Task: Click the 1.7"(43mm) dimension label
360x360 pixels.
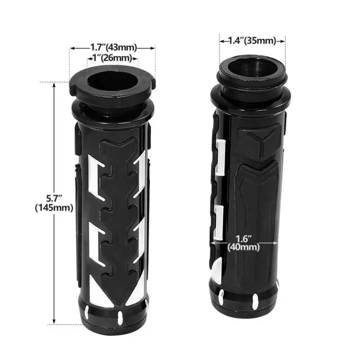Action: [x=113, y=48]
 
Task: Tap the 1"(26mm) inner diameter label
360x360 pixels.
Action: [x=112, y=58]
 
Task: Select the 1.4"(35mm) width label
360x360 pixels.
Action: [x=252, y=41]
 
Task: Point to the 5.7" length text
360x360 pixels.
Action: [x=54, y=198]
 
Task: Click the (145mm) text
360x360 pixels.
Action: [x=54, y=208]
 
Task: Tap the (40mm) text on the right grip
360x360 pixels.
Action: [x=243, y=247]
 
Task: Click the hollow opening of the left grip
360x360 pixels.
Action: [x=113, y=81]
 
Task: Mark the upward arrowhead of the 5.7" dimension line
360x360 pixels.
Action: [x=54, y=85]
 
